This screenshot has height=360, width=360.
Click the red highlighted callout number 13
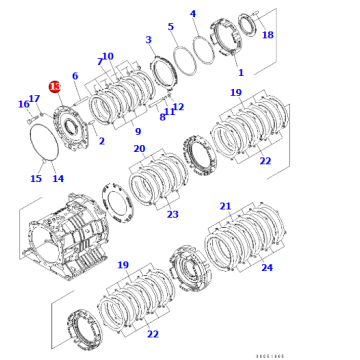coord(54,87)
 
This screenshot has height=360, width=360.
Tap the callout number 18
coord(267,35)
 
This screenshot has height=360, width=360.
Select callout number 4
coord(221,15)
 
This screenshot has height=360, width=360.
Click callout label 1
coord(241,72)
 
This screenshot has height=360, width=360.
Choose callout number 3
coord(149,40)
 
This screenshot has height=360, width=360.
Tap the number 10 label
coord(108,56)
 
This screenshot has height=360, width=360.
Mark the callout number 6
coord(75,76)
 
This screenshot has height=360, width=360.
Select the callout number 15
coord(36,179)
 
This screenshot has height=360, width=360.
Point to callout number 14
coord(58,179)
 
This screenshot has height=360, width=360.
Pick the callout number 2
coord(101,141)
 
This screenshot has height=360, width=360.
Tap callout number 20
coord(139,149)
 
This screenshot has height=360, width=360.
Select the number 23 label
coord(173,214)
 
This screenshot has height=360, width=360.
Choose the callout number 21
coord(225,206)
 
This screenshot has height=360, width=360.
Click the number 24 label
coord(266,268)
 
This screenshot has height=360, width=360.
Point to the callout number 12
coord(178,107)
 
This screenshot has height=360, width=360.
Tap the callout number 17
coord(34,97)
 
